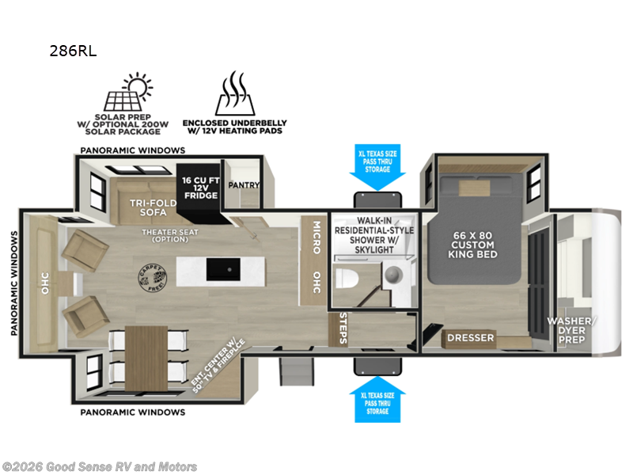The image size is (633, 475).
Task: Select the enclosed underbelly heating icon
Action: pyautogui.click(x=233, y=93)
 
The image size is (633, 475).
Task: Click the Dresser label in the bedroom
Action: pyautogui.click(x=470, y=338)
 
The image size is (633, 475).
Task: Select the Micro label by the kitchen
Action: pyautogui.click(x=315, y=237)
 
